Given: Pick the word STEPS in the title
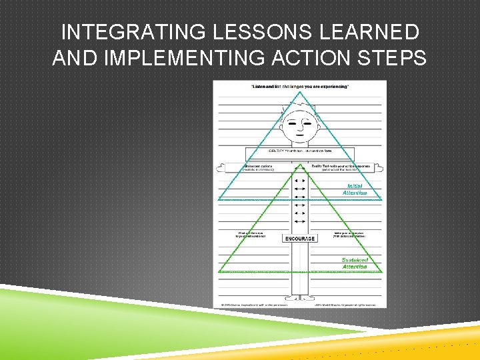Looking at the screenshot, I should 395,58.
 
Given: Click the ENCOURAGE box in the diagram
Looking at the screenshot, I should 299,238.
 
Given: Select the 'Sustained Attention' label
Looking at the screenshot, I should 354,263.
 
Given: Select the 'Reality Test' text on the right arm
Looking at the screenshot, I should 340,167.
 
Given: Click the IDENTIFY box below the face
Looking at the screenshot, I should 299,151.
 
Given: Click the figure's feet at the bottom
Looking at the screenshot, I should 299,298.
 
